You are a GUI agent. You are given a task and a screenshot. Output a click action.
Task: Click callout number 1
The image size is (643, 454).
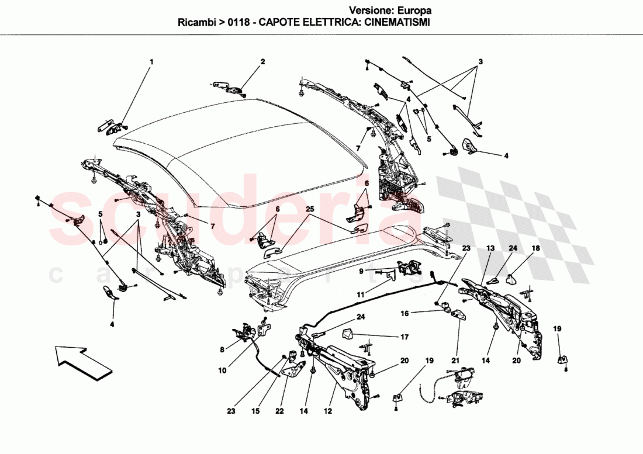pyautogui.click(x=151, y=61)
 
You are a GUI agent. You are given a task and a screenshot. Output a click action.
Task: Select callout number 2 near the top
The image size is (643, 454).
pyautogui.click(x=262, y=61)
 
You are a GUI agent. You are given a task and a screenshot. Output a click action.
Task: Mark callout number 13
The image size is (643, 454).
pyautogui.click(x=489, y=248)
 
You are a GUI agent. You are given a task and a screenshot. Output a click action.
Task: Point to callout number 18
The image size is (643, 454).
pyautogui.click(x=535, y=248)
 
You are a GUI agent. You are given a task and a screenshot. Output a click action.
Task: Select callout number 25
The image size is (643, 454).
pyautogui.click(x=309, y=209)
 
